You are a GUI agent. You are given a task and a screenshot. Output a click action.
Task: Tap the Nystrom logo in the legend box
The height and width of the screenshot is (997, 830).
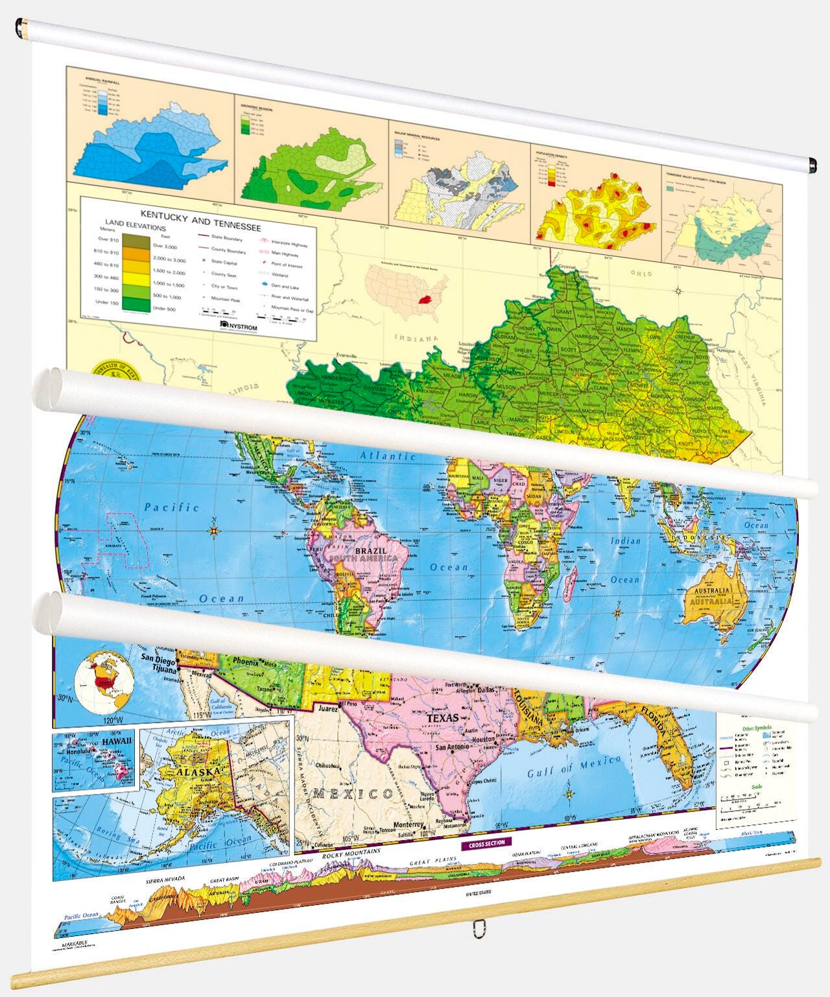point(239,326)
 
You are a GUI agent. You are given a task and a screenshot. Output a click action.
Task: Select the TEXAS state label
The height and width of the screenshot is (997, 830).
point(443,718)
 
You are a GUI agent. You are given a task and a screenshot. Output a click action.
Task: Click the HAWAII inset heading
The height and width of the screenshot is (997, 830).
point(117,741)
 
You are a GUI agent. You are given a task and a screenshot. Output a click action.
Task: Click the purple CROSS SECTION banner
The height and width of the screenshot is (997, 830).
point(486,843)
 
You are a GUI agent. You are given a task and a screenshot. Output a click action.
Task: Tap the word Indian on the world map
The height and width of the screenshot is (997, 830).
point(625,540)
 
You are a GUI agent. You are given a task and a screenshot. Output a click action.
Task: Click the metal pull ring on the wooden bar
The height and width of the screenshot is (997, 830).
point(479,930)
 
